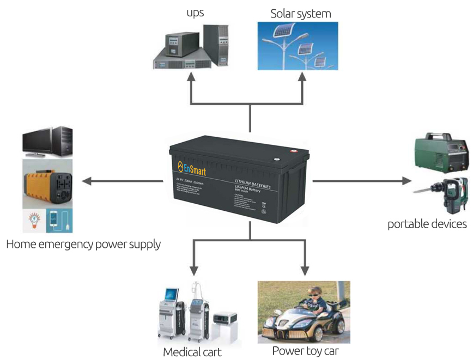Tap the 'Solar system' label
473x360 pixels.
point(300,14)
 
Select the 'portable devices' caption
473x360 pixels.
point(427,224)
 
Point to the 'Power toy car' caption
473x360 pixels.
point(305,351)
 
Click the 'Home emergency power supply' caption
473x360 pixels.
point(83,244)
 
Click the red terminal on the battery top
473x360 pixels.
point(293,152)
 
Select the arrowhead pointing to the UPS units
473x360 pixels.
point(191,77)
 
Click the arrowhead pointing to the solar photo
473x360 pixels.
point(302,77)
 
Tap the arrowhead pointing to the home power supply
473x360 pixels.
point(86,180)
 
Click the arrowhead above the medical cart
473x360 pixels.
point(193,271)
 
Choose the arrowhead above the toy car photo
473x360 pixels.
point(305,271)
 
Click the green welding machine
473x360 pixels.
point(441,152)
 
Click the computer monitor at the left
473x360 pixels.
point(38,141)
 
